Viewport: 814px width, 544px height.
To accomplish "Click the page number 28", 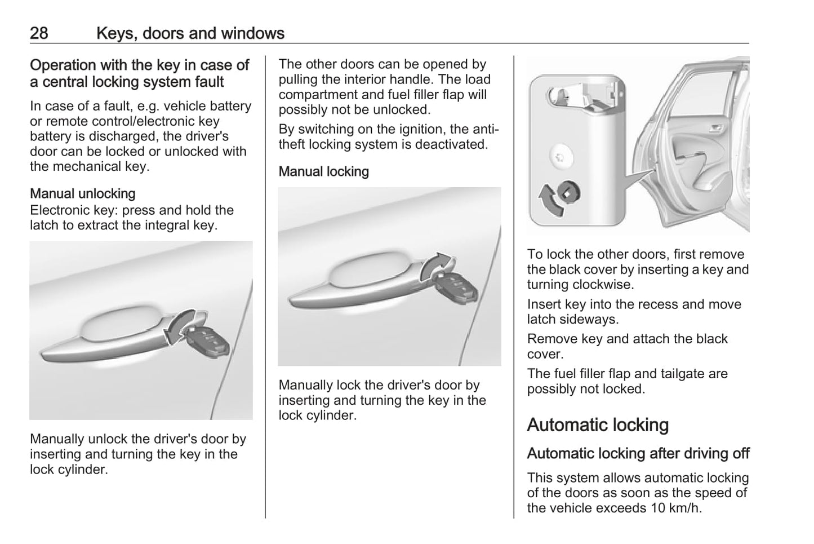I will tap(39, 33).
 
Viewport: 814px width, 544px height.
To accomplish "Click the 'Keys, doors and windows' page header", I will tap(190, 33).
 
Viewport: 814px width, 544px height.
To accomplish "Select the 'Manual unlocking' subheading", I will tap(82, 193).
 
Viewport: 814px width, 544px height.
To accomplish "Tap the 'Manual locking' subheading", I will tap(323, 171).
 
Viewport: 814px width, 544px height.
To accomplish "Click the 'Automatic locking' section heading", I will tap(598, 424).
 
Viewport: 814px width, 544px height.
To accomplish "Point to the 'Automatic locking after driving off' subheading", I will tap(638, 453).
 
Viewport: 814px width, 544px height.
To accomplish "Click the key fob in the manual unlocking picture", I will tap(207, 342).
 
